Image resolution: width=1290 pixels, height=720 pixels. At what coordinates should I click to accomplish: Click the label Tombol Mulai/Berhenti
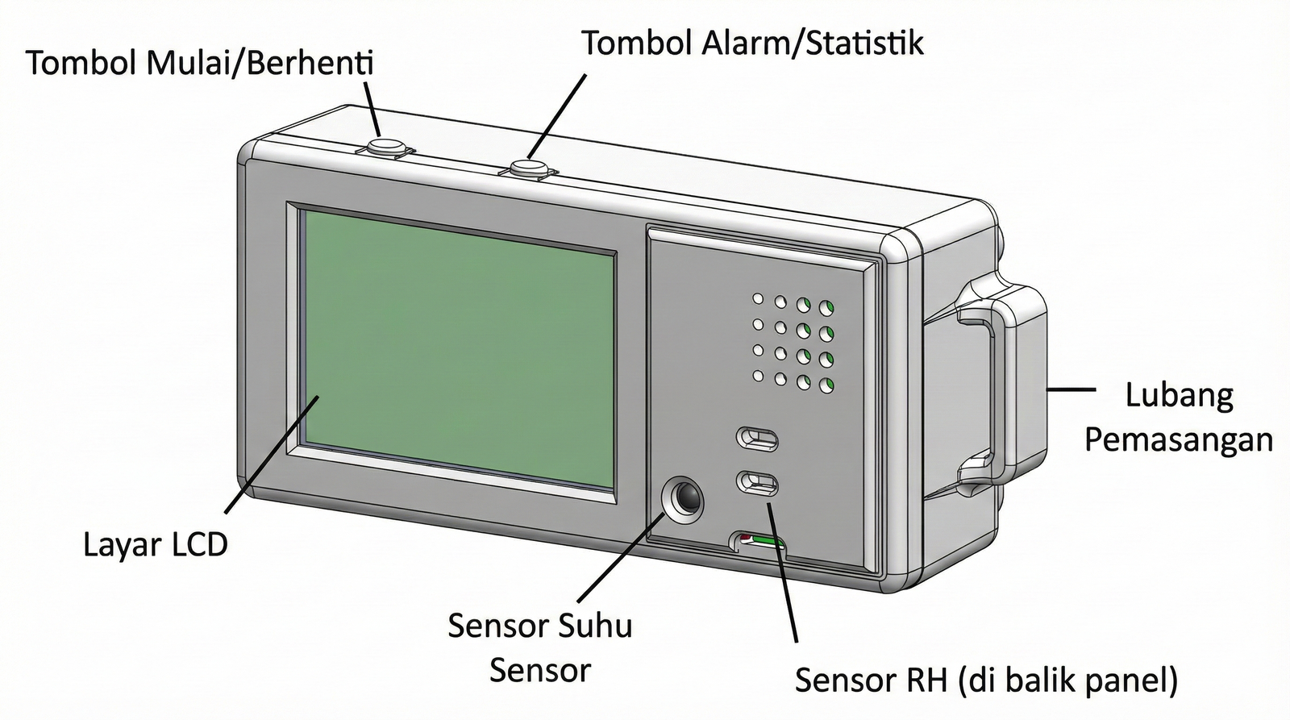click(x=200, y=63)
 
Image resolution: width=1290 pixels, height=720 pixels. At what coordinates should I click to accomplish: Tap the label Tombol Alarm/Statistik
click(x=753, y=43)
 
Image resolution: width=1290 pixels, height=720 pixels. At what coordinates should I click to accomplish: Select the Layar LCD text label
click(x=156, y=545)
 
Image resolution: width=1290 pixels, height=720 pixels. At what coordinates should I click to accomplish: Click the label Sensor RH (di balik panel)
click(x=986, y=680)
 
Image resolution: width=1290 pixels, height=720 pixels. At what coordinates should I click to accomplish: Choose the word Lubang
click(x=1179, y=396)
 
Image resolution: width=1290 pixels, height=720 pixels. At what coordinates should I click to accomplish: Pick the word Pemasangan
click(x=1178, y=441)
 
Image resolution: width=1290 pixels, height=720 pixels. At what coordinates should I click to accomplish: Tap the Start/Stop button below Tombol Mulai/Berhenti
click(x=386, y=147)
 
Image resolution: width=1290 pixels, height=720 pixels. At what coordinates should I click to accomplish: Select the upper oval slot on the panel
click(x=758, y=439)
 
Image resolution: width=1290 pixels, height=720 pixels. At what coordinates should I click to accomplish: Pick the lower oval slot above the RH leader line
click(x=758, y=483)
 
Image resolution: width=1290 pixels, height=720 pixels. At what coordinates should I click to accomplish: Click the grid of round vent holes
click(x=793, y=342)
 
